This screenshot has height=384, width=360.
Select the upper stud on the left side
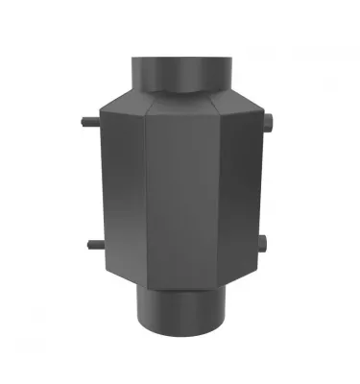86,124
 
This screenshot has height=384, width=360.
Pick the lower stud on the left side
86,242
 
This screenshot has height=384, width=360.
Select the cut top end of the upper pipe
180,60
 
